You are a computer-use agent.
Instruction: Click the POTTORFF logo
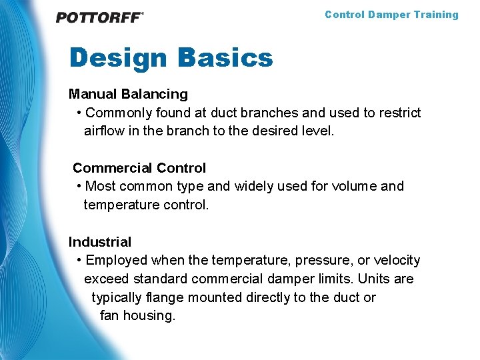pyautogui.click(x=99, y=18)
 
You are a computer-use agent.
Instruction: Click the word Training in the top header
pyautogui.click(x=436, y=15)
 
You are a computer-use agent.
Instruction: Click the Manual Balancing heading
pyautogui.click(x=128, y=95)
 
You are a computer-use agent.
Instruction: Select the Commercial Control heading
pyautogui.click(x=139, y=168)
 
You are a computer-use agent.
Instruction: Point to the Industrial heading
pyautogui.click(x=100, y=242)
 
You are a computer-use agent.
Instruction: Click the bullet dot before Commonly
pyautogui.click(x=79, y=113)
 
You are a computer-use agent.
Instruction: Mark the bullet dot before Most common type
pyautogui.click(x=79, y=187)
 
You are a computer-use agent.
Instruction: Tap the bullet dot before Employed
pyautogui.click(x=79, y=261)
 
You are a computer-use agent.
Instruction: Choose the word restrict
pyautogui.click(x=400, y=113)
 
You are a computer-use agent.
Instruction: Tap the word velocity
pyautogui.click(x=397, y=261)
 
